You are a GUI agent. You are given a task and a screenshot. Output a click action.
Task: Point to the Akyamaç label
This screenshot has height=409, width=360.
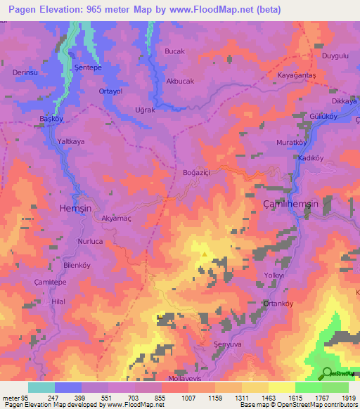(x=117, y=219)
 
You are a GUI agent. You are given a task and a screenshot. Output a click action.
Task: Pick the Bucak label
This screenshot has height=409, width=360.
(x=174, y=52)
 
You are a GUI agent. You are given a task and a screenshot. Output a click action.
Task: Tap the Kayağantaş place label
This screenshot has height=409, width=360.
(x=297, y=74)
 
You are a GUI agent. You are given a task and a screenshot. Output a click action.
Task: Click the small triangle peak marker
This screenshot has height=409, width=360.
(x=205, y=254)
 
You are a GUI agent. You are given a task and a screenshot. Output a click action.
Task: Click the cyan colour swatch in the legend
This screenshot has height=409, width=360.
(x=41, y=387)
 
